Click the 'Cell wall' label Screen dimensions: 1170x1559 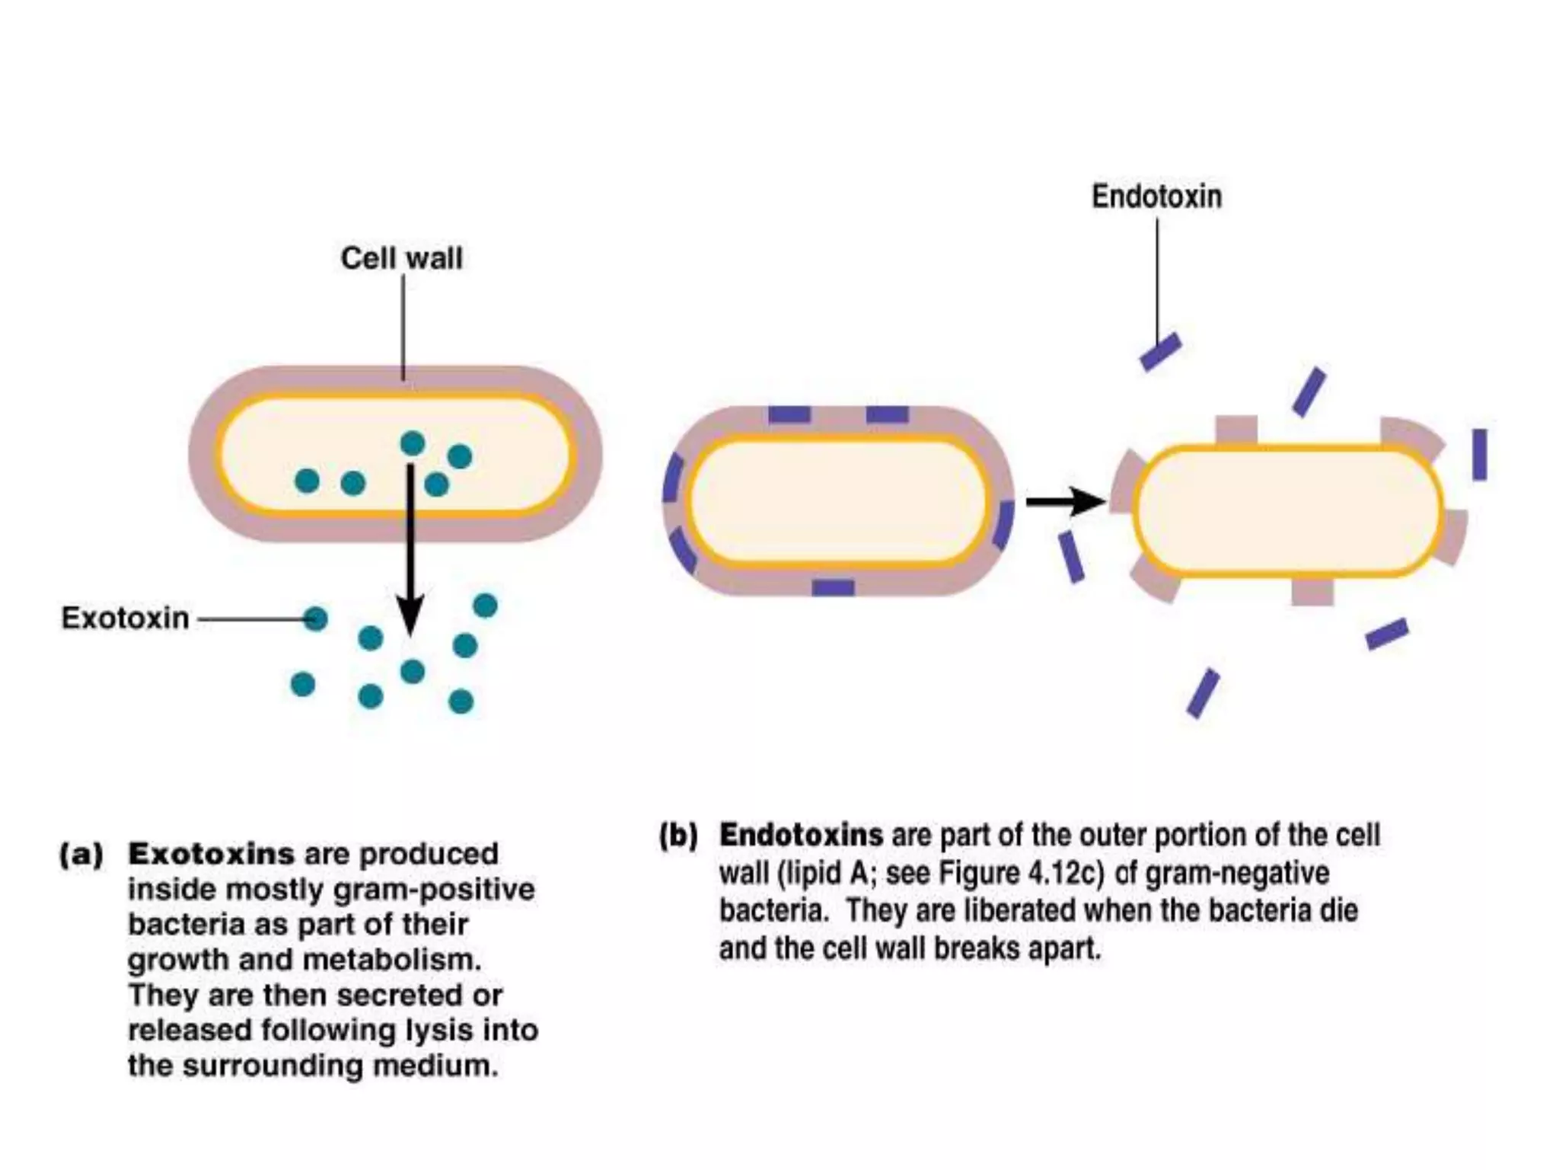[401, 258]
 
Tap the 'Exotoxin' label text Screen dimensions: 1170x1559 [125, 618]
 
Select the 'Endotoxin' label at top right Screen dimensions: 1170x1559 [1156, 197]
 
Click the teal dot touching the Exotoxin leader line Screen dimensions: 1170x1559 [315, 619]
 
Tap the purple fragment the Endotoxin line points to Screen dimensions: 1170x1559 [1160, 352]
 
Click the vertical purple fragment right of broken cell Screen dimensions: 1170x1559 [1479, 455]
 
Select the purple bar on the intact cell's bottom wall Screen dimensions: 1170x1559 [833, 587]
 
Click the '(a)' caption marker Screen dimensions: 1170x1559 [81, 854]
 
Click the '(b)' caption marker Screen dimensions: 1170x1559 [678, 836]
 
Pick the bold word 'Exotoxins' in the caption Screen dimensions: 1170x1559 [211, 854]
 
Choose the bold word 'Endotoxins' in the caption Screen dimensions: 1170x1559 [801, 836]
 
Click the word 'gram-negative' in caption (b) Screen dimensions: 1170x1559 [1237, 873]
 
